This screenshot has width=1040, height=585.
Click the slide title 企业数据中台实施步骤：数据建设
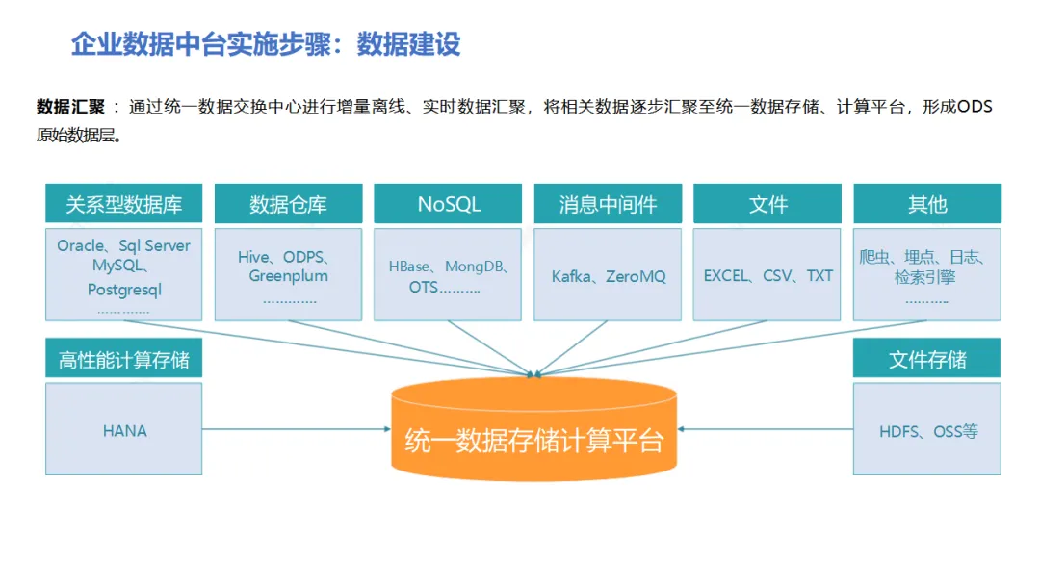[266, 44]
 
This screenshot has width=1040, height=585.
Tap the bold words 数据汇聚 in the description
[70, 107]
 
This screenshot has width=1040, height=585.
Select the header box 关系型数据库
[123, 204]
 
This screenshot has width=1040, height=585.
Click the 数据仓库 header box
[288, 204]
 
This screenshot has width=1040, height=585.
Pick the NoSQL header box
[449, 204]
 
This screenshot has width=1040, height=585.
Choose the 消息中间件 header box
[608, 204]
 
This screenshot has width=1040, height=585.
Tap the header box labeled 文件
[767, 204]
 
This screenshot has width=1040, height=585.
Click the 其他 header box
[926, 204]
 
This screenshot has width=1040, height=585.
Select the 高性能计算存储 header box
[123, 360]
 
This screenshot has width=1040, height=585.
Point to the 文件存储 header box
[926, 360]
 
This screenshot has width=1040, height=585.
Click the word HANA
[125, 431]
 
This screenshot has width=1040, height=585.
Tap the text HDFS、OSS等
[928, 431]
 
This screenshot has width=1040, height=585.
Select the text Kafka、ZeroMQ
[609, 277]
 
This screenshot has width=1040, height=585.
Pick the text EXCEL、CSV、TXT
[768, 276]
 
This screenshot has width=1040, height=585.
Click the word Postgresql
[124, 289]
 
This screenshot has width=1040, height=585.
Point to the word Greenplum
[288, 276]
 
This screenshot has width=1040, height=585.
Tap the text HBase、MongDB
[449, 267]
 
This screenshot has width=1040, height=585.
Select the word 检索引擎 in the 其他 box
[926, 278]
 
